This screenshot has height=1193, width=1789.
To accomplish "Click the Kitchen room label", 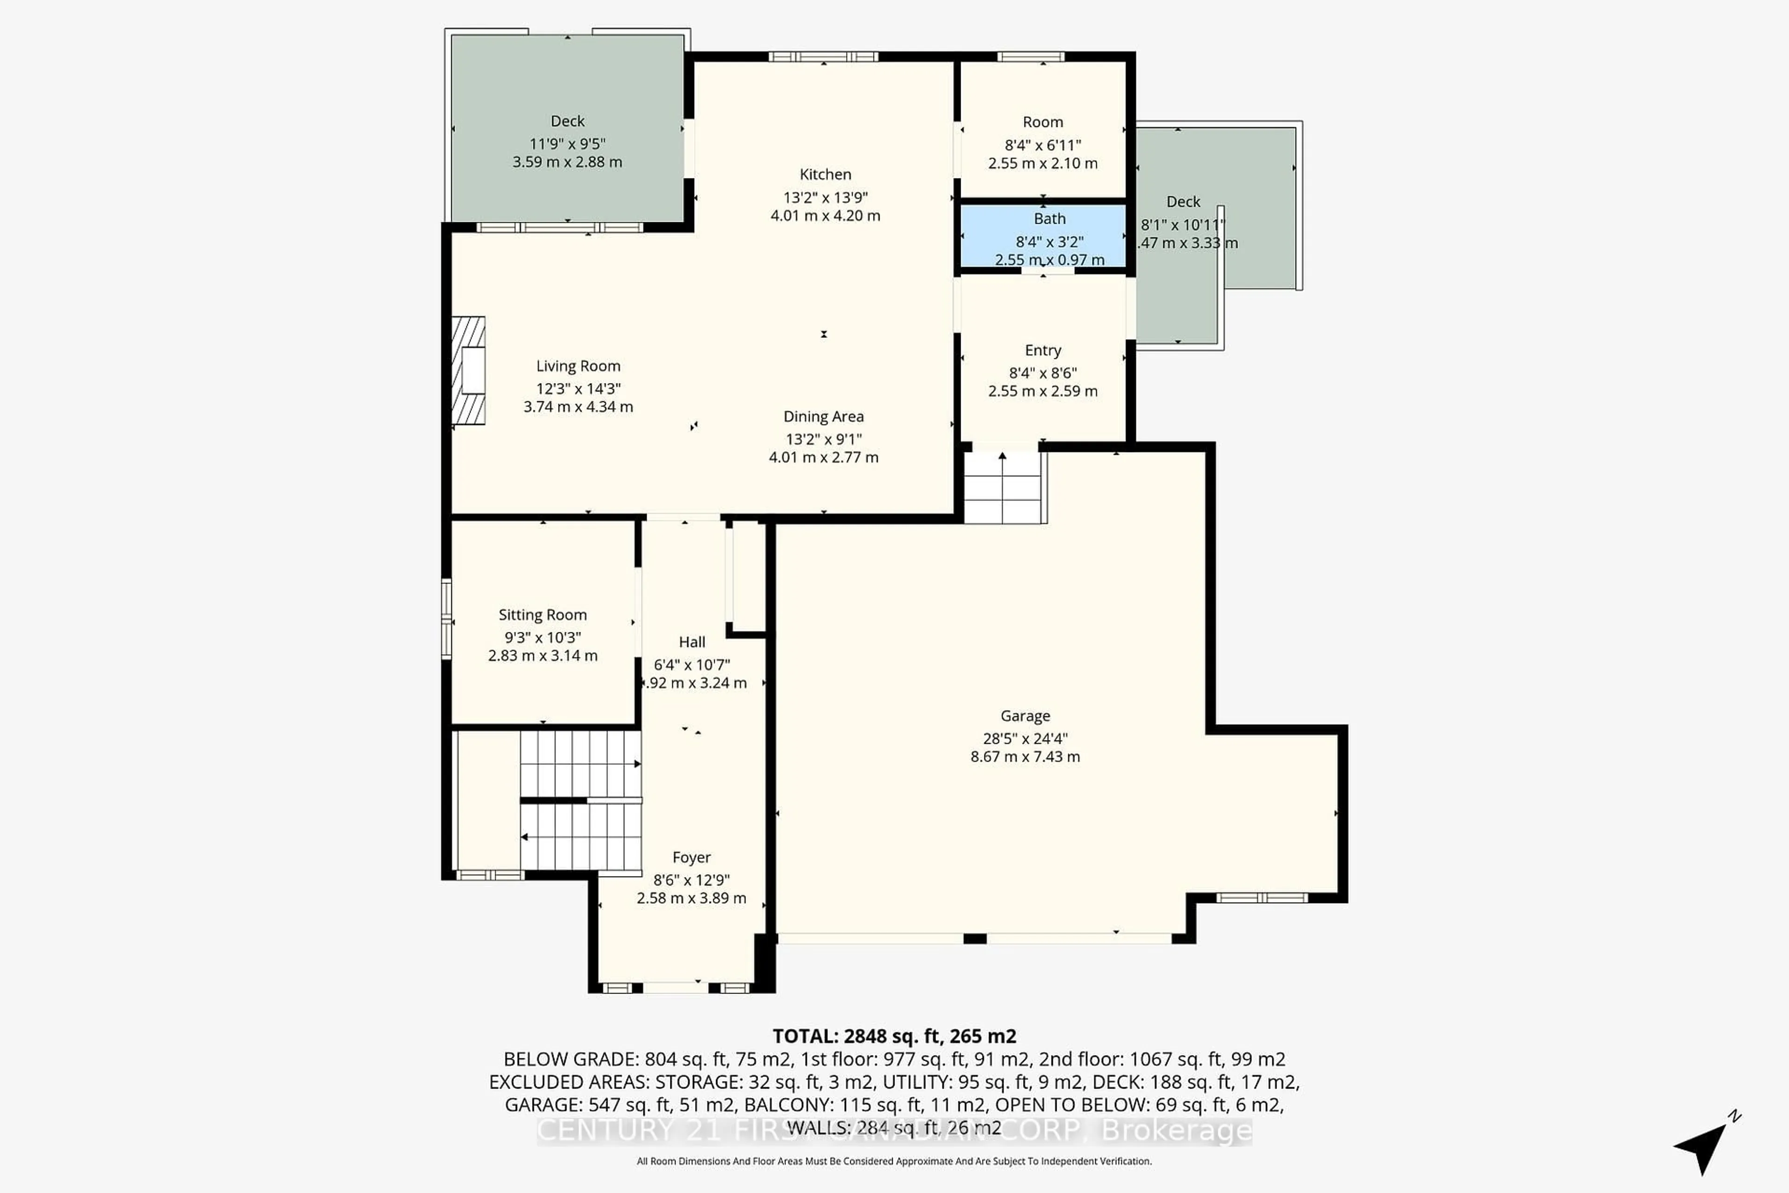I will pos(825,174).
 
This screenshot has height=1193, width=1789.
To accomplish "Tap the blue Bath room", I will pos(1043,236).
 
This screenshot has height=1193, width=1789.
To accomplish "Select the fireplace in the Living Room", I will pos(469,370).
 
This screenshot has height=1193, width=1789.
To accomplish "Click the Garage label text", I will pos(1024,716).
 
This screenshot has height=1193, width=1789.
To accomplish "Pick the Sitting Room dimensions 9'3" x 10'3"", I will pos(542,638).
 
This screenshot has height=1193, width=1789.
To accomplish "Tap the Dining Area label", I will pos(823,416).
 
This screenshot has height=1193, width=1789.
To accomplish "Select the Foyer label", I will pos(690,857).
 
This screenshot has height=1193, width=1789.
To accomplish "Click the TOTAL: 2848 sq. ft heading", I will pos(894,1036).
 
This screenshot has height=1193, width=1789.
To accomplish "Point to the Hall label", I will pos(691,642).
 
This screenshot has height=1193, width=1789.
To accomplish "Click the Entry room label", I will pos(1042,350).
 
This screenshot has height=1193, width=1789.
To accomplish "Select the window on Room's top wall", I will pos(1031,56).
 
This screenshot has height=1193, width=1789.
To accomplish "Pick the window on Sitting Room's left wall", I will pos(446,618).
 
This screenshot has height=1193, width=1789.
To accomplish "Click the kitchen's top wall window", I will pos(823,56).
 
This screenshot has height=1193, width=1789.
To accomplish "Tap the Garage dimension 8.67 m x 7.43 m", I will pos(1024,756).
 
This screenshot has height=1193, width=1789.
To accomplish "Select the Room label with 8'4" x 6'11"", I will pos(1042,122).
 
